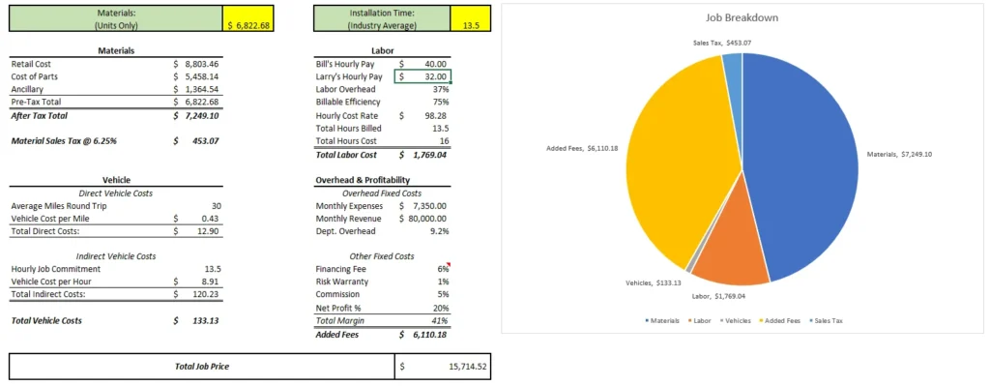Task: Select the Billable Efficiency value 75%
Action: pyautogui.click(x=441, y=101)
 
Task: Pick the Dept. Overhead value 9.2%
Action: pyautogui.click(x=440, y=230)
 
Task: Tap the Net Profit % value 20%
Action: pyautogui.click(x=441, y=307)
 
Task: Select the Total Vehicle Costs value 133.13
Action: pyautogui.click(x=205, y=319)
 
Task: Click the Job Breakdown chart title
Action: pyautogui.click(x=742, y=17)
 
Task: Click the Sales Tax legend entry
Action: pyautogui.click(x=824, y=319)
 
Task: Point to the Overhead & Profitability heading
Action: pyautogui.click(x=363, y=180)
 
